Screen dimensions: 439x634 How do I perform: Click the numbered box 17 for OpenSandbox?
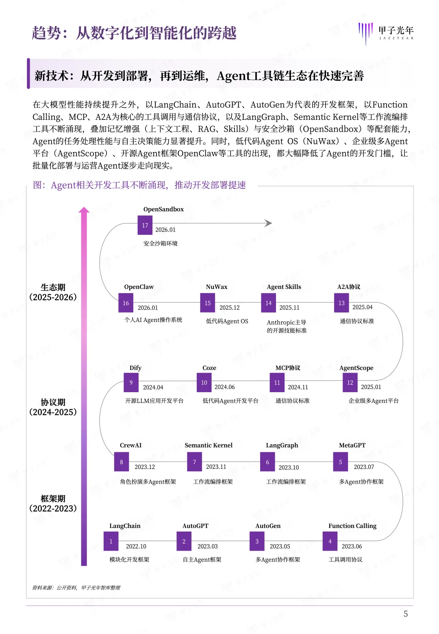145,226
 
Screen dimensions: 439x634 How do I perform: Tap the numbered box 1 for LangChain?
111,541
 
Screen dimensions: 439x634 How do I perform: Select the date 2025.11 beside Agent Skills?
289,308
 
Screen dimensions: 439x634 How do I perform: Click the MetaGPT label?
352,445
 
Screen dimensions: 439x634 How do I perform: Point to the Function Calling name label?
352,526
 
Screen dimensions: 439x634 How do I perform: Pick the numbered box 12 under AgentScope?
350,383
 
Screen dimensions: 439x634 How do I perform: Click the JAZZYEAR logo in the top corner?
386,33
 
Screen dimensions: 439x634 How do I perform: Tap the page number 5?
405,614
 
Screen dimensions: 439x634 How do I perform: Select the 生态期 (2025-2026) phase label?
53,293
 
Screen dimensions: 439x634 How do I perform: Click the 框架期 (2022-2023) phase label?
53,504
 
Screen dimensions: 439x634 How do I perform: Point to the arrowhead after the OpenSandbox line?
268,223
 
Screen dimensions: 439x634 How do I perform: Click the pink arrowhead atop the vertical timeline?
84,210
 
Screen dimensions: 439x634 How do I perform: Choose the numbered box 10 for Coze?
204,383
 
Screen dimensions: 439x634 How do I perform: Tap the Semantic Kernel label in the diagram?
209,445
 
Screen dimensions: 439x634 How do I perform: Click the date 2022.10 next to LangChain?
136,547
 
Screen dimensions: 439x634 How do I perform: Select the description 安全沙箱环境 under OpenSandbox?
160,243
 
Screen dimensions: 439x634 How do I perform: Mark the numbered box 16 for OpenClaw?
126,303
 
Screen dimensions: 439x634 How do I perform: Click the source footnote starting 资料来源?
76,588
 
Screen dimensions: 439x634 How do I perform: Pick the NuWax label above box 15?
217,287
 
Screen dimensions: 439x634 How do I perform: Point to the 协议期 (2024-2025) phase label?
53,407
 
